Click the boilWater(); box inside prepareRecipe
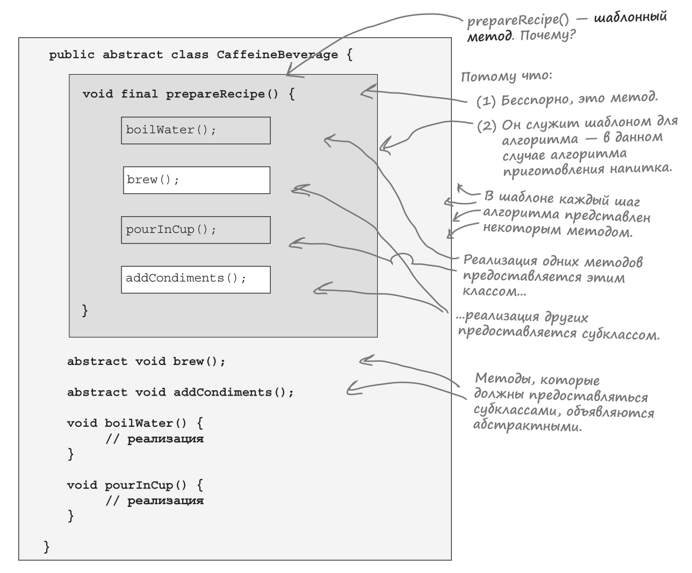(x=196, y=131)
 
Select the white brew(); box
(x=197, y=180)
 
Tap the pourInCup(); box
(x=196, y=230)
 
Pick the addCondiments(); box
(x=196, y=280)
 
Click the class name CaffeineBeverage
(x=277, y=55)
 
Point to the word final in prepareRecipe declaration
(x=139, y=94)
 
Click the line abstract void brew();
(x=146, y=361)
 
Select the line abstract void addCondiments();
(x=181, y=392)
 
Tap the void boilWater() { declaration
(x=135, y=423)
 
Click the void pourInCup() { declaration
(x=135, y=485)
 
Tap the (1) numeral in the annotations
(x=486, y=102)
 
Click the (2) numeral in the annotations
(x=486, y=127)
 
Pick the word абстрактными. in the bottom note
(x=527, y=428)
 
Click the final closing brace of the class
(x=47, y=547)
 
